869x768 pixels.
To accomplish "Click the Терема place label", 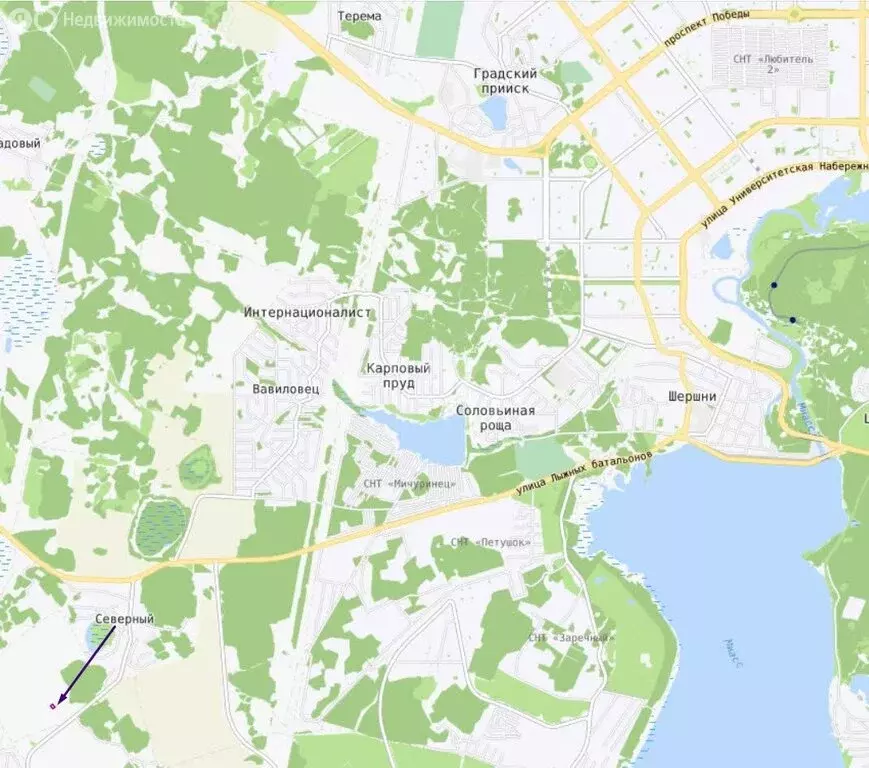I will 360,16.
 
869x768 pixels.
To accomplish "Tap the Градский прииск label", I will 505,81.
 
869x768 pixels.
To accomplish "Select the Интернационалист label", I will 307,312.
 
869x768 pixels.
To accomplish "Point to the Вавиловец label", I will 285,389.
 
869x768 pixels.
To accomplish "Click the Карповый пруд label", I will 398,375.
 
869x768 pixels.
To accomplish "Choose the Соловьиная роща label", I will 495,418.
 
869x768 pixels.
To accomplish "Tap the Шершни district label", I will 692,396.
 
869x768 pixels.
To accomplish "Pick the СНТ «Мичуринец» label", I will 410,483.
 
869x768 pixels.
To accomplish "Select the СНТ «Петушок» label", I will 491,542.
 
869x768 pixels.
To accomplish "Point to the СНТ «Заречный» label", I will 572,637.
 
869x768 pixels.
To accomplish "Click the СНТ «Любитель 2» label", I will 772,64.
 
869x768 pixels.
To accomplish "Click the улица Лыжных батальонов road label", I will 584,472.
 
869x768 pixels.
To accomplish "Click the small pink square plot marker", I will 52,706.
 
